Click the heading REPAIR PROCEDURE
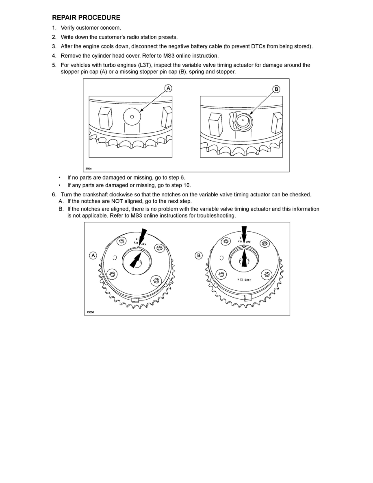click(x=86, y=17)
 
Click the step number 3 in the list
click(x=54, y=46)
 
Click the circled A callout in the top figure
click(x=168, y=88)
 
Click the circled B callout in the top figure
click(x=276, y=89)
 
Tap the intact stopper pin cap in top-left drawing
click(x=132, y=117)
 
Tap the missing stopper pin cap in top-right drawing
click(x=243, y=120)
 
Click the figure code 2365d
click(x=90, y=312)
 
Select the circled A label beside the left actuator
click(x=93, y=255)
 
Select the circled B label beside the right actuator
click(x=199, y=255)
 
